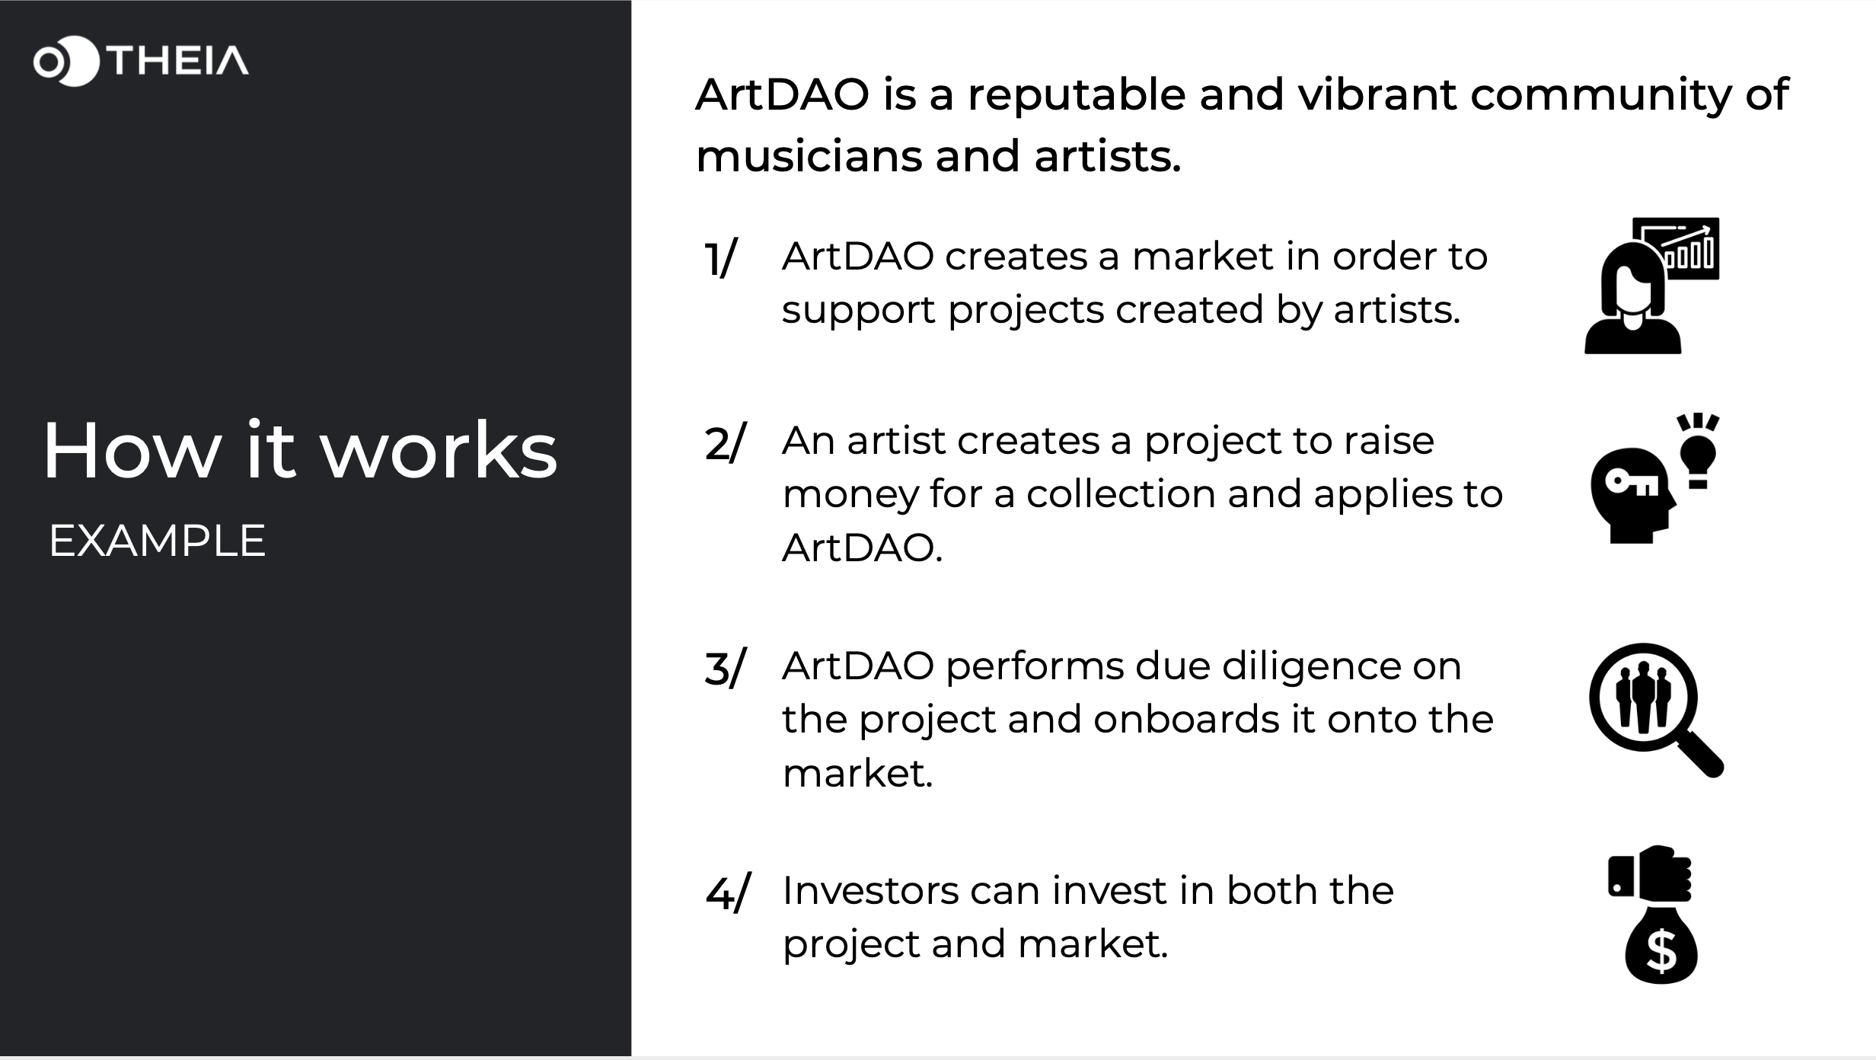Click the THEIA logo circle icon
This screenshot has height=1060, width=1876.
coord(66,61)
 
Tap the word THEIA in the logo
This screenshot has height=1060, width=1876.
coord(178,61)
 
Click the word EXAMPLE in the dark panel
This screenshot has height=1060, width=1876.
coord(157,541)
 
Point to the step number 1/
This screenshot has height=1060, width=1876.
coord(720,259)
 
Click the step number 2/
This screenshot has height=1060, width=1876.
coord(726,442)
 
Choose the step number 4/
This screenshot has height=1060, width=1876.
coord(728,892)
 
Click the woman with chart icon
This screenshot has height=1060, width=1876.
coord(1651,286)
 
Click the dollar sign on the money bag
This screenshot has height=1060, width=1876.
coord(1661,951)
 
